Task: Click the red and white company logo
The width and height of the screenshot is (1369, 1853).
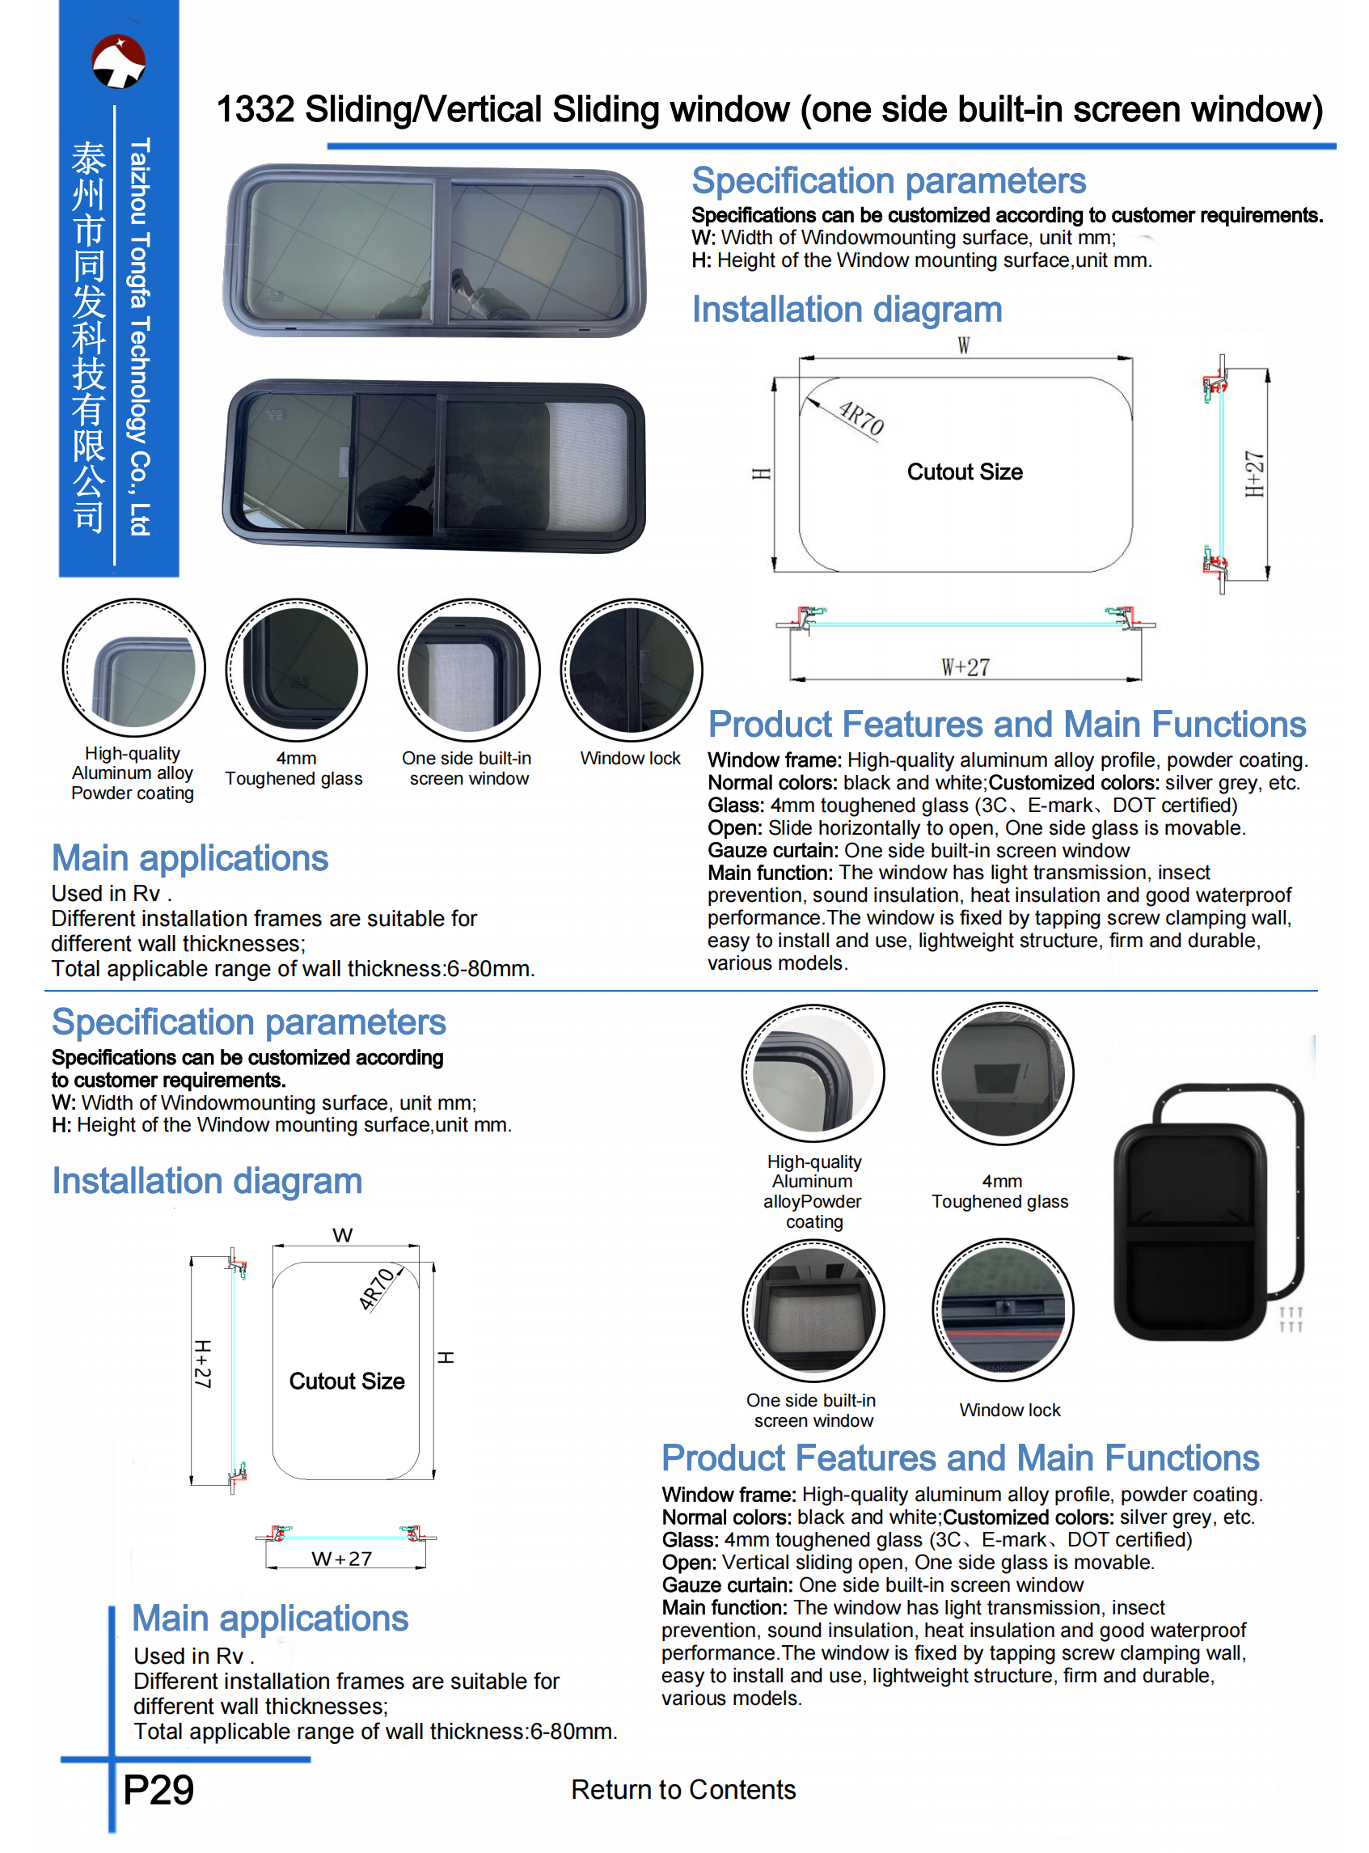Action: click(119, 61)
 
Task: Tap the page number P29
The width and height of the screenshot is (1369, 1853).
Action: click(158, 1790)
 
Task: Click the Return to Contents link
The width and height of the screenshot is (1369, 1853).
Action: click(682, 1790)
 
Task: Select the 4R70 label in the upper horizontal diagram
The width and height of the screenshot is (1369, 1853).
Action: click(862, 418)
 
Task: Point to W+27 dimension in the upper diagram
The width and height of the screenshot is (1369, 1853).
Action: click(965, 667)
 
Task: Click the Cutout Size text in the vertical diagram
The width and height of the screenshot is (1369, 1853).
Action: click(346, 1381)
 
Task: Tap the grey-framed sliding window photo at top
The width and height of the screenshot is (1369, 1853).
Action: click(434, 250)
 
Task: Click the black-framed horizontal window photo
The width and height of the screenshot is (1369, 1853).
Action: click(434, 466)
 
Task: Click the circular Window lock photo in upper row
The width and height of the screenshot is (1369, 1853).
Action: click(631, 670)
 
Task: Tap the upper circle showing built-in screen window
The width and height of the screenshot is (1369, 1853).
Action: click(469, 670)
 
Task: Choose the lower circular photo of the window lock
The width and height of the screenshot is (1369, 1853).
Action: click(1003, 1310)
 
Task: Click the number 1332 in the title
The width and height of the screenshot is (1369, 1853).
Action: click(255, 109)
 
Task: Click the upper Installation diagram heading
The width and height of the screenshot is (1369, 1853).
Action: click(847, 310)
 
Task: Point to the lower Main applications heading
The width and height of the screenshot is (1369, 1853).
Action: click(270, 1618)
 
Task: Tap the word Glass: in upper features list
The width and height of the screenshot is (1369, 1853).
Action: click(735, 806)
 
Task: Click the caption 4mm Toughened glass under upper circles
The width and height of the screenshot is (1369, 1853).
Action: click(294, 768)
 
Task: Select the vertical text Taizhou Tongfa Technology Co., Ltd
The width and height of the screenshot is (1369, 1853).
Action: click(140, 336)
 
